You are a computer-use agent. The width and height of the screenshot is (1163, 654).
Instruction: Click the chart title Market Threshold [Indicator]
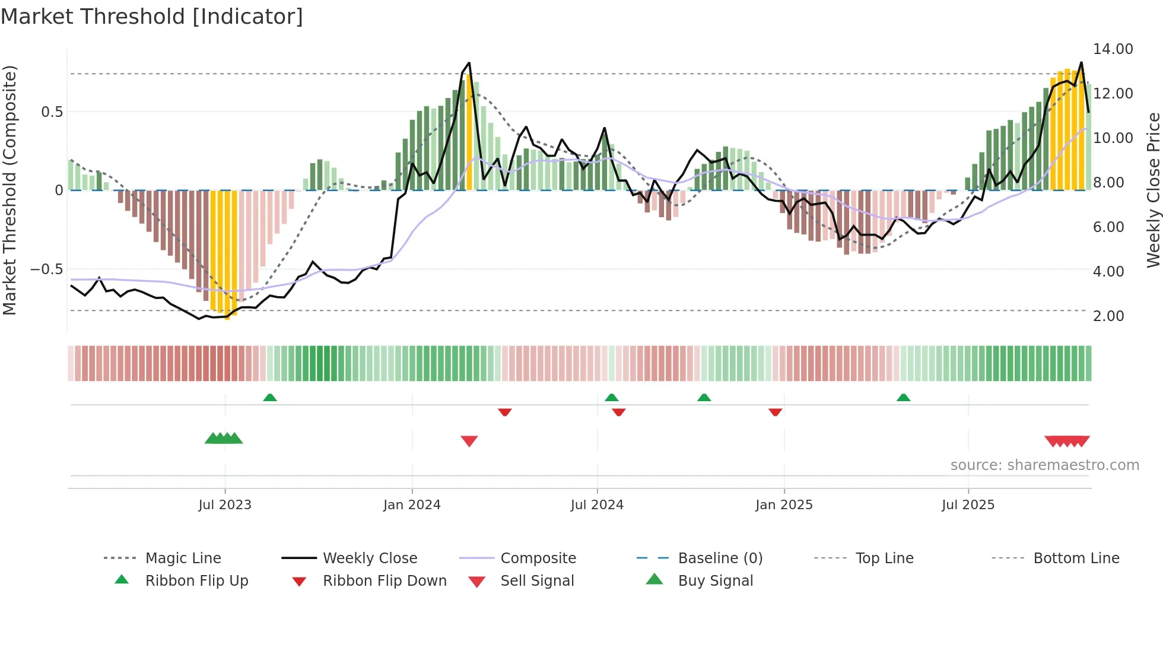coord(152,17)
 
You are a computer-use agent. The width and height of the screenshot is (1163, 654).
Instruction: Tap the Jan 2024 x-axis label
coord(412,505)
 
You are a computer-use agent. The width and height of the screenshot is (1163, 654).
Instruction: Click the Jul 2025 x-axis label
coord(968,505)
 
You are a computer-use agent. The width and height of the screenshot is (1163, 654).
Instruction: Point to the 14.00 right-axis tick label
coord(1113,49)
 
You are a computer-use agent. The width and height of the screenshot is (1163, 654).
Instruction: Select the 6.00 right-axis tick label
coord(1108,227)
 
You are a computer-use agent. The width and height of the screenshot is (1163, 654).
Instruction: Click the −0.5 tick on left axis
coord(46,269)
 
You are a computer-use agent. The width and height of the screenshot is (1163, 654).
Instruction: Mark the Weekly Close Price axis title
coord(1153,190)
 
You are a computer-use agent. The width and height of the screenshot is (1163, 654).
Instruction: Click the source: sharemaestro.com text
coord(1044,465)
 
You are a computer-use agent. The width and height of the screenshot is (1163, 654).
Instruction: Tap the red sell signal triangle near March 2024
coord(469,441)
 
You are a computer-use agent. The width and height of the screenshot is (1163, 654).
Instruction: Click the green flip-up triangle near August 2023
coord(270,398)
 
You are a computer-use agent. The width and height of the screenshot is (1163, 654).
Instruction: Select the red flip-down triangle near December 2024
coord(775,412)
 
